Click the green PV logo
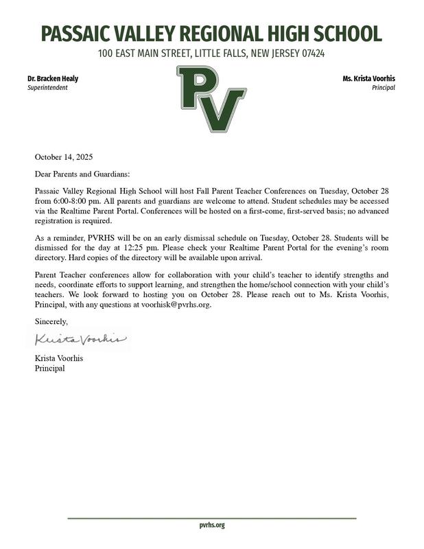point(211,99)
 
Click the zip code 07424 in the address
point(309,54)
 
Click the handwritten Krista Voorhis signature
point(80,339)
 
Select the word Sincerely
point(51,321)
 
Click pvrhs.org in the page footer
point(212,525)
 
